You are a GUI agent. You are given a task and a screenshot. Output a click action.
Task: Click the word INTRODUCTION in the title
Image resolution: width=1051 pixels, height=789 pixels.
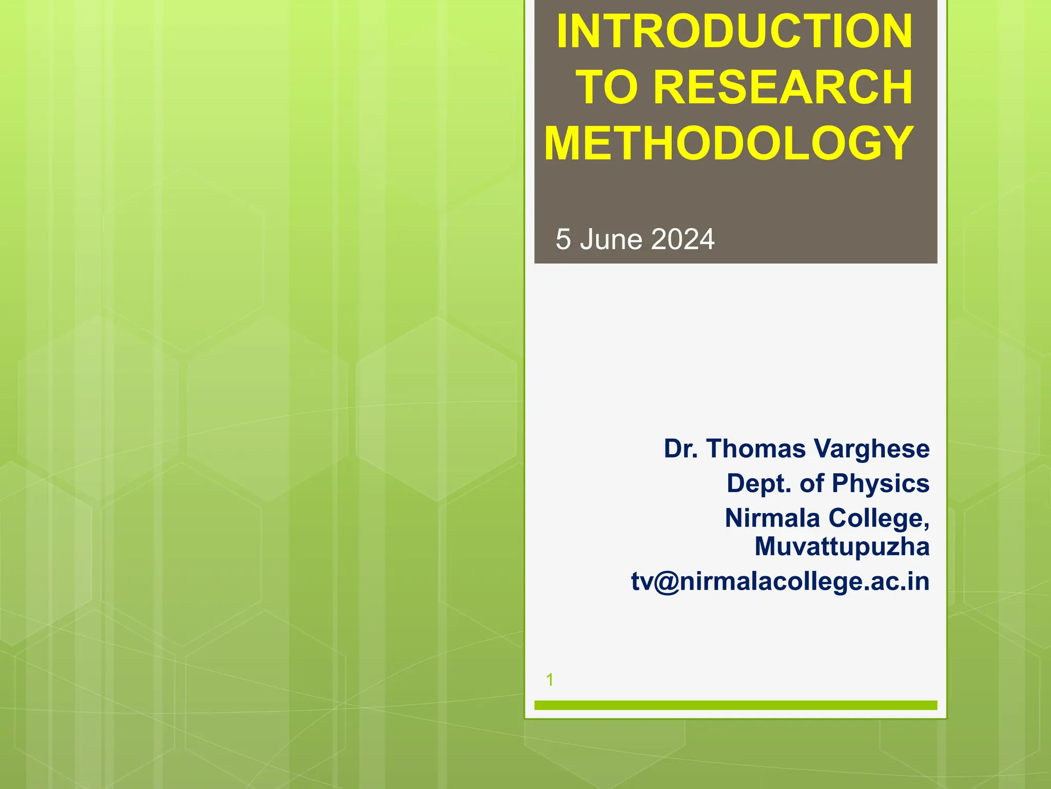(734, 32)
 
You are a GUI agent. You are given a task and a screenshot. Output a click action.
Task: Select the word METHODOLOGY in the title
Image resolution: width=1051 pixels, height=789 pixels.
(729, 143)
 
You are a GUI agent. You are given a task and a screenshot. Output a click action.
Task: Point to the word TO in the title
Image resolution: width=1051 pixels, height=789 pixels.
(608, 87)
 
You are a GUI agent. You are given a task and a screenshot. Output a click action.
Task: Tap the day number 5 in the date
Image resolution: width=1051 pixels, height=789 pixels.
(563, 239)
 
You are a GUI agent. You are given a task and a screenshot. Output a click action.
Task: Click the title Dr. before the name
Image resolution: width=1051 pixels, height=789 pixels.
(681, 448)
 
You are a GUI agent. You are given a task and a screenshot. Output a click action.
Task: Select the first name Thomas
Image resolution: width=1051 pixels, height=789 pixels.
(756, 448)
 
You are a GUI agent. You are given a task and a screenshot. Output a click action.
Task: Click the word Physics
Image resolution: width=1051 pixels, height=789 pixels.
(881, 483)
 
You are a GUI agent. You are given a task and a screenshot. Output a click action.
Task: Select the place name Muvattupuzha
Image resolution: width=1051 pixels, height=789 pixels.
(842, 547)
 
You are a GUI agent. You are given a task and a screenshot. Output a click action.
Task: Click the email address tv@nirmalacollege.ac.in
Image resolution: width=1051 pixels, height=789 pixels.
(780, 581)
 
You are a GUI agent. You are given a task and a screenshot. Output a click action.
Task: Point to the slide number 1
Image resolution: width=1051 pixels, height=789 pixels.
(550, 680)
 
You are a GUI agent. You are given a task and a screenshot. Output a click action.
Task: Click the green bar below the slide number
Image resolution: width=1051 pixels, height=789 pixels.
(735, 705)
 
